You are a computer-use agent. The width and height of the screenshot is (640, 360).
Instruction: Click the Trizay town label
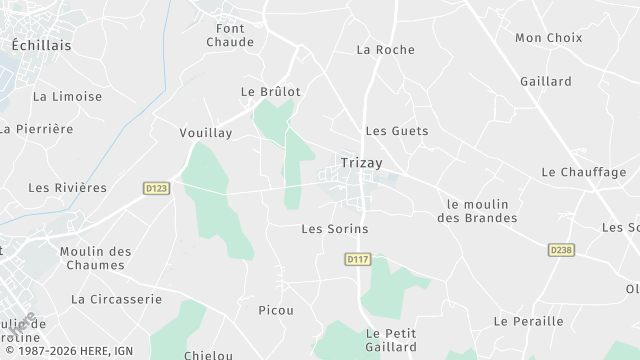361,161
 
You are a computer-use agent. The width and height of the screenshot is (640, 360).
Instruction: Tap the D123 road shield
155,187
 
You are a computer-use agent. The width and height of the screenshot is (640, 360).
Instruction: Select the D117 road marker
358,259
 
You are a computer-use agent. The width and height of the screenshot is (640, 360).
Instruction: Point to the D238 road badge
561,249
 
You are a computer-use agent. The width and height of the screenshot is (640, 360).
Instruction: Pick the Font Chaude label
230,35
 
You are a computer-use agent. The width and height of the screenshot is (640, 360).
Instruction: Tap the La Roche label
385,49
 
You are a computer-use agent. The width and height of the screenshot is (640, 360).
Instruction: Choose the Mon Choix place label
548,38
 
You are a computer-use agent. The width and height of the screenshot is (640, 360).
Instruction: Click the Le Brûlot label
270,91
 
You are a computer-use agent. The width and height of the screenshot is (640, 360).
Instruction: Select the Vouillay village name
205,132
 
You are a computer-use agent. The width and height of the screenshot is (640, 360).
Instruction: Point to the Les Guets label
396,131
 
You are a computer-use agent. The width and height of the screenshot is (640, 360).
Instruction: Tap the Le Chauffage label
583,172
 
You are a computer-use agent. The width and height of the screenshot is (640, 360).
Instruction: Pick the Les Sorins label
335,229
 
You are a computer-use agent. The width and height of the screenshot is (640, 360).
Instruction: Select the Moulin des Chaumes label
96,258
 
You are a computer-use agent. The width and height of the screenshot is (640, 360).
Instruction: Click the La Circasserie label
116,299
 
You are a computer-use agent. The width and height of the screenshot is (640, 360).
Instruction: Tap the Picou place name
275,311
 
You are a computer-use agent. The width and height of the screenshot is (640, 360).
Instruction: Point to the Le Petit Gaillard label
391,340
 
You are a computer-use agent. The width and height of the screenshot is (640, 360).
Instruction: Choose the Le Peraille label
529,321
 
